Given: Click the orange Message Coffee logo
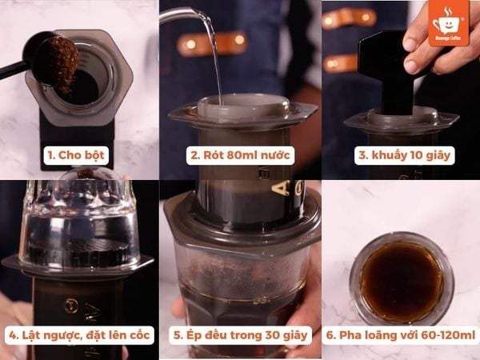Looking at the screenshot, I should tap(449, 22).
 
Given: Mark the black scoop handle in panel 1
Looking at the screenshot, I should tap(14, 71).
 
